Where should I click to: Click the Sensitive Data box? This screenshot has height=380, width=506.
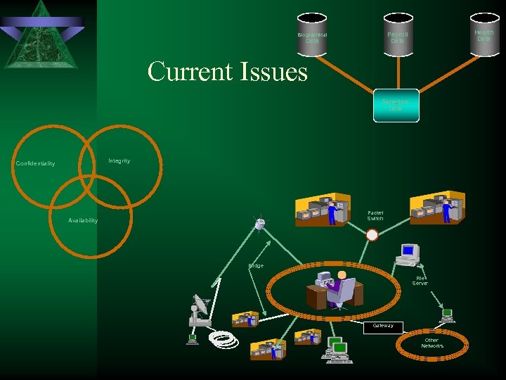pos(396,106)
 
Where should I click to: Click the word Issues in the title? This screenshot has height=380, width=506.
pos(272,72)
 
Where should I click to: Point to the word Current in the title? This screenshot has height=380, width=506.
pos(188,72)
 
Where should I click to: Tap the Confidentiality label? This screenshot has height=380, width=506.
pos(35,164)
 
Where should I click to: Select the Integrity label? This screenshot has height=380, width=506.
pos(119,161)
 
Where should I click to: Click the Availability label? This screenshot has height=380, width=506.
pos(83,221)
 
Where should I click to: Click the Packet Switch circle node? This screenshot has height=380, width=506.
pos(372,236)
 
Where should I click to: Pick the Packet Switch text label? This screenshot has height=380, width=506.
pos(375,216)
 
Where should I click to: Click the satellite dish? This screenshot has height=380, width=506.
pos(200,310)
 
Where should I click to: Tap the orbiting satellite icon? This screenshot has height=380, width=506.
pos(261,224)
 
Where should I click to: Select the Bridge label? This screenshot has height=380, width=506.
pos(256,266)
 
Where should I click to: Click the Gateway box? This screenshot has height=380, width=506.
pos(383,327)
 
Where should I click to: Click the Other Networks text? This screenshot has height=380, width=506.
pos(432,343)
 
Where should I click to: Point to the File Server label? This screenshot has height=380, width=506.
pos(420,281)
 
